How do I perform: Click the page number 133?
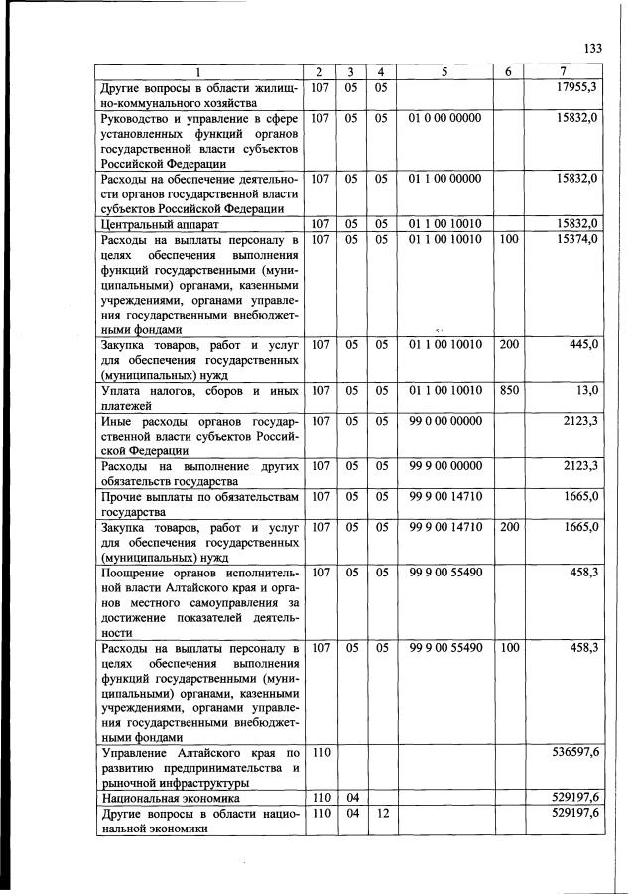click(x=593, y=49)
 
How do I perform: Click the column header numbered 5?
click(x=444, y=72)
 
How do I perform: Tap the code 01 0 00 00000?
click(x=444, y=118)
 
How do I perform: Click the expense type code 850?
click(x=509, y=391)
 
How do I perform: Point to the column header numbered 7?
click(x=564, y=72)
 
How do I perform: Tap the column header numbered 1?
click(x=197, y=72)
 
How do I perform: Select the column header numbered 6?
click(x=508, y=72)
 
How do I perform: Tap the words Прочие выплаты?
click(x=150, y=496)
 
